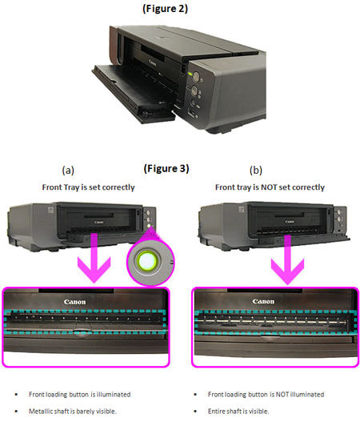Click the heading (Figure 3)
click(166, 168)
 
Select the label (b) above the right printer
click(256, 171)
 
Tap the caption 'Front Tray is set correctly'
click(88, 187)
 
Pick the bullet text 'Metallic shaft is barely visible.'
click(78, 411)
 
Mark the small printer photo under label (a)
click(88, 221)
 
